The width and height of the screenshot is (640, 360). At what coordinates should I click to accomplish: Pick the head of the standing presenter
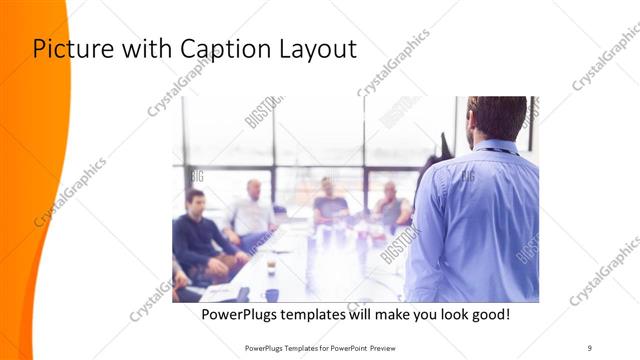click(x=497, y=117)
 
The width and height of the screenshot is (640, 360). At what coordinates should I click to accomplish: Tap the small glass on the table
click(x=270, y=264)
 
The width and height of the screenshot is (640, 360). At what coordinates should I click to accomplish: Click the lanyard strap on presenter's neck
click(x=498, y=149)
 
